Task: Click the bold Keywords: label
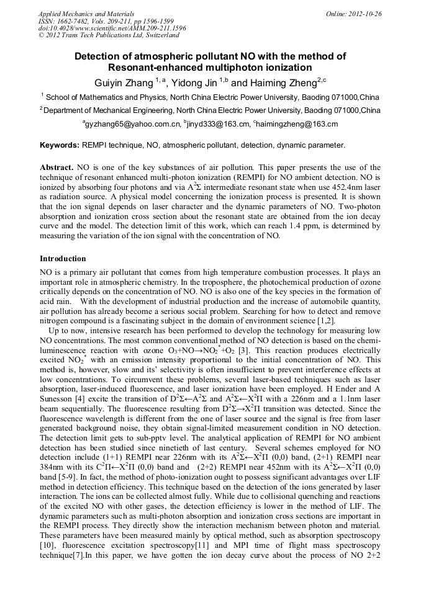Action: tap(59, 145)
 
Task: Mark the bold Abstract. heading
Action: tap(57, 168)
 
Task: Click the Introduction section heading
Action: tap(63, 258)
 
